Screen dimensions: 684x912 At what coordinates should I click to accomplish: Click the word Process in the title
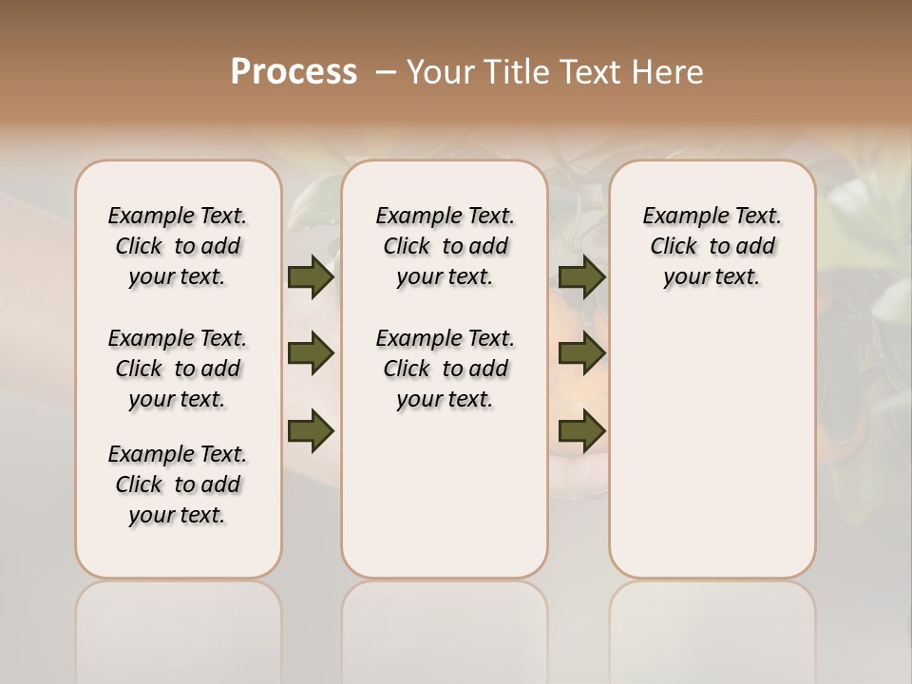294,72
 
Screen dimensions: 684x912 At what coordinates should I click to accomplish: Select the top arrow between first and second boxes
310,277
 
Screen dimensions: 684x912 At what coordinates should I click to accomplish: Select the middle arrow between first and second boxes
310,354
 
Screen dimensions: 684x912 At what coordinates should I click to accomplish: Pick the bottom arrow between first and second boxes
310,431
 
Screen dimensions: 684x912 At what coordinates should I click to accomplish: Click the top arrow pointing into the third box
581,277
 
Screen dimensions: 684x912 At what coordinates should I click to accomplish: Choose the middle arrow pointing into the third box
581,354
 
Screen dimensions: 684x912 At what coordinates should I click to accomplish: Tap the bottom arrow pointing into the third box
581,431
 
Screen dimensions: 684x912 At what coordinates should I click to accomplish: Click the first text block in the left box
178,246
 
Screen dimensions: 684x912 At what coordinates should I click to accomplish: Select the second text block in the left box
178,369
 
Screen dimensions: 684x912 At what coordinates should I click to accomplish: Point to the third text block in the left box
178,484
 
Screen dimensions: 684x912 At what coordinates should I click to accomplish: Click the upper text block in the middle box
445,246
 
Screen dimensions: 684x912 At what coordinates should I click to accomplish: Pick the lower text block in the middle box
445,369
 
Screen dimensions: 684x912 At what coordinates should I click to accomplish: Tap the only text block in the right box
712,246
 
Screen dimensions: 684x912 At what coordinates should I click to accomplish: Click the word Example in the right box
680,217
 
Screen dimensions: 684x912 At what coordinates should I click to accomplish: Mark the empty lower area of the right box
712,437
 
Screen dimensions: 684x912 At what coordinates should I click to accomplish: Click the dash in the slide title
387,72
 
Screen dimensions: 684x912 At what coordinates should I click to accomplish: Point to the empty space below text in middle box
445,494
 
